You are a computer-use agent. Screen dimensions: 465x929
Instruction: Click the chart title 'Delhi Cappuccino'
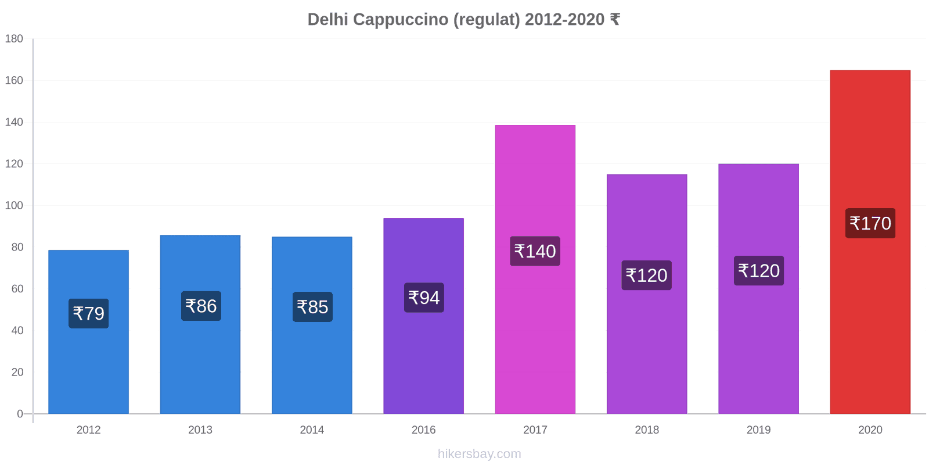pos(463,20)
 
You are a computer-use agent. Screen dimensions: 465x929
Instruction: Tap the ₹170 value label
pos(870,223)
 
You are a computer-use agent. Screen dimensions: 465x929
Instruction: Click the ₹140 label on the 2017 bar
pos(535,251)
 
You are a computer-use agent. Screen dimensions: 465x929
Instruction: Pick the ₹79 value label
pos(88,313)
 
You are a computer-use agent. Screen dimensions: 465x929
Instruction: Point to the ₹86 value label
pos(201,306)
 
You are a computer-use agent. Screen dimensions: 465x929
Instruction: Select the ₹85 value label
pos(312,307)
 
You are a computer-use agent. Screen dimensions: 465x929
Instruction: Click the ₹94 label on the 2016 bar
pos(424,298)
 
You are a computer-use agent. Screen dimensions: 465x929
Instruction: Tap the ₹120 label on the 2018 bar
pos(646,275)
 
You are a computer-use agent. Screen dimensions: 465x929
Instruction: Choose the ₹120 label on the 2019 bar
pos(758,271)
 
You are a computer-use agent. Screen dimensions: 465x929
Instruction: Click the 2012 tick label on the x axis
pos(88,430)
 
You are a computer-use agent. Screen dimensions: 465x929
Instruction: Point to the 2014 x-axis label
pos(312,430)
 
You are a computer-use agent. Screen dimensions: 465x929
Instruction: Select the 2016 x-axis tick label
pos(423,430)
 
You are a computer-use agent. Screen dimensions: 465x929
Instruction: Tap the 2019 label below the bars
pos(758,430)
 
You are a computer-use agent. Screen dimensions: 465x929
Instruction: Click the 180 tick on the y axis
pos(14,39)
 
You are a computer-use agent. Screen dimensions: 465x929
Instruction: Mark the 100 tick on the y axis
pos(14,206)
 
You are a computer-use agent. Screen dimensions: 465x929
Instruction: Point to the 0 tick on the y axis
pos(20,414)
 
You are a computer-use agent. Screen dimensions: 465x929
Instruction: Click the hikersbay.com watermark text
pos(479,454)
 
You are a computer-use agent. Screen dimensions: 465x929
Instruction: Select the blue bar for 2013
pos(200,360)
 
